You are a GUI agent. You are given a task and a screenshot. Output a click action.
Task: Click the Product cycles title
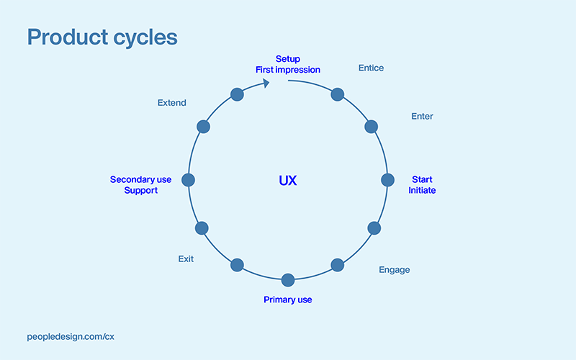click(x=102, y=37)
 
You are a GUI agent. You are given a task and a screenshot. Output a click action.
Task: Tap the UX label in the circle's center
click(x=287, y=181)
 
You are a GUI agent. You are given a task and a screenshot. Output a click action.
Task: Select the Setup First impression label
click(x=287, y=64)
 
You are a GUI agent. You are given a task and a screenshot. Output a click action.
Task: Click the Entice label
click(x=371, y=68)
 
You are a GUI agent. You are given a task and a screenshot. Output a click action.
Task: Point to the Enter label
click(x=422, y=116)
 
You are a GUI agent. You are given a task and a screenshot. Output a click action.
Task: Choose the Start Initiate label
click(x=422, y=185)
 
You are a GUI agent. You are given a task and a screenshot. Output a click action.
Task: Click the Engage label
click(x=394, y=270)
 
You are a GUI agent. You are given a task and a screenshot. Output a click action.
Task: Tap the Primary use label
click(x=287, y=300)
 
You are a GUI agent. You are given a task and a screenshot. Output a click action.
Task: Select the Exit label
click(x=186, y=258)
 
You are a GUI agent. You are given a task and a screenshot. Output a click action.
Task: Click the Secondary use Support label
click(x=134, y=185)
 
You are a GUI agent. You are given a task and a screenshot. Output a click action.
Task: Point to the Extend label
click(x=171, y=103)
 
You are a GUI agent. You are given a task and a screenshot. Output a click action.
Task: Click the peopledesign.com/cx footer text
click(x=70, y=336)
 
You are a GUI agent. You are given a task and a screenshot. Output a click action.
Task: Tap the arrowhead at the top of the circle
click(x=266, y=83)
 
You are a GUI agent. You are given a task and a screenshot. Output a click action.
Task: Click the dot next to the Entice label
click(x=337, y=94)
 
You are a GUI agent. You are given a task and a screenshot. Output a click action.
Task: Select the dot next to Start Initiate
click(x=387, y=180)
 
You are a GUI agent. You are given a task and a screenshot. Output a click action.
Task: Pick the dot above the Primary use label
click(x=288, y=279)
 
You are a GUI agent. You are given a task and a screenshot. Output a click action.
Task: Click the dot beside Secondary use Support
click(x=189, y=180)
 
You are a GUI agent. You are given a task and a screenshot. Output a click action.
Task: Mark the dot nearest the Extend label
click(x=203, y=127)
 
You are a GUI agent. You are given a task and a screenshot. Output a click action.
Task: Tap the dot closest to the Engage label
click(x=337, y=264)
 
